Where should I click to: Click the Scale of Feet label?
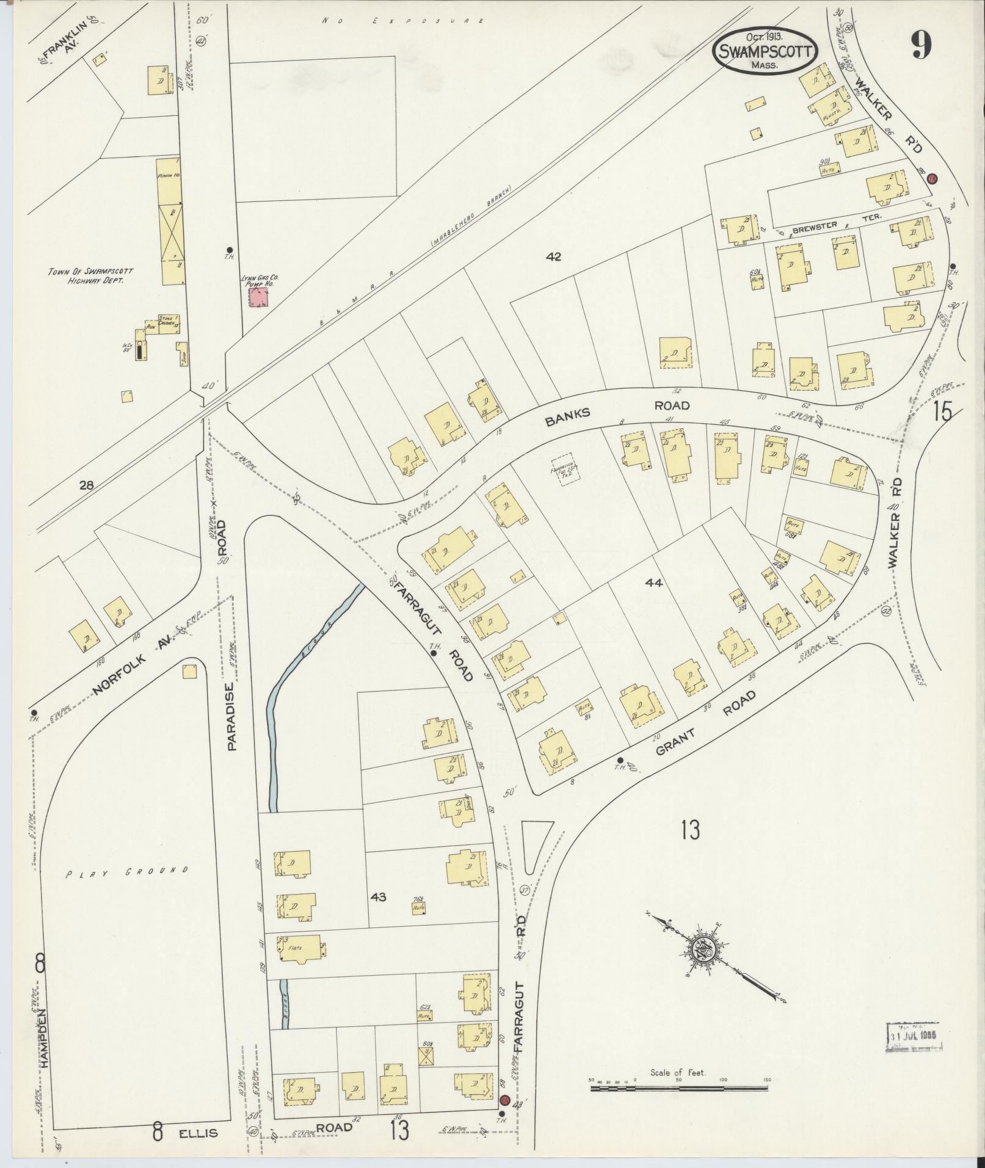click(678, 1072)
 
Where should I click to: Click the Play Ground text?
click(127, 871)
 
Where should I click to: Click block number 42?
click(553, 257)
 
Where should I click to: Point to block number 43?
click(379, 897)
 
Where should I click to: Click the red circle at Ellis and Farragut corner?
click(504, 1117)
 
